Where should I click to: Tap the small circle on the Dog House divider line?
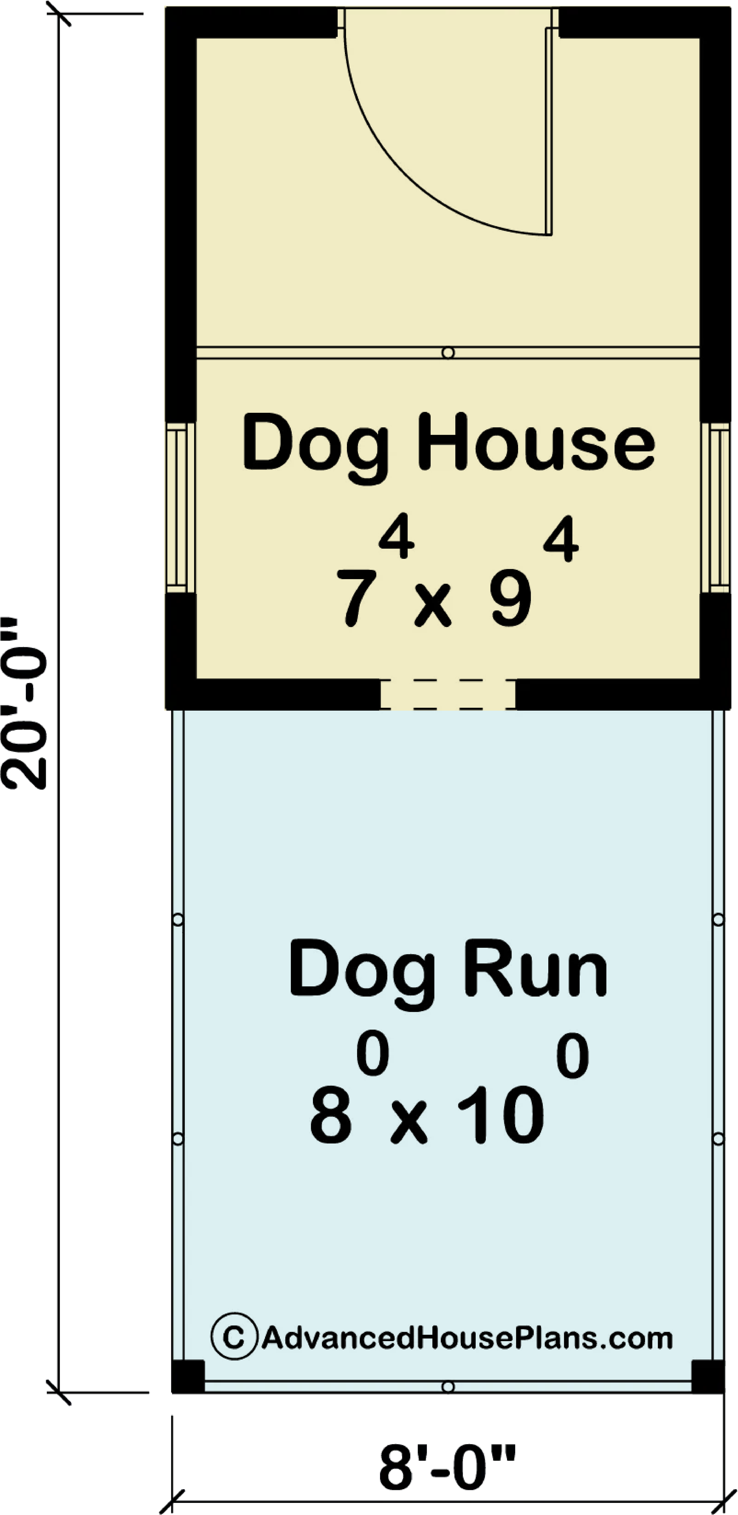click(448, 353)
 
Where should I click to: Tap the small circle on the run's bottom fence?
click(448, 1387)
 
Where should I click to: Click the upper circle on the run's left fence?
click(178, 919)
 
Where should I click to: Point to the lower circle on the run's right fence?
click(718, 1139)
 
